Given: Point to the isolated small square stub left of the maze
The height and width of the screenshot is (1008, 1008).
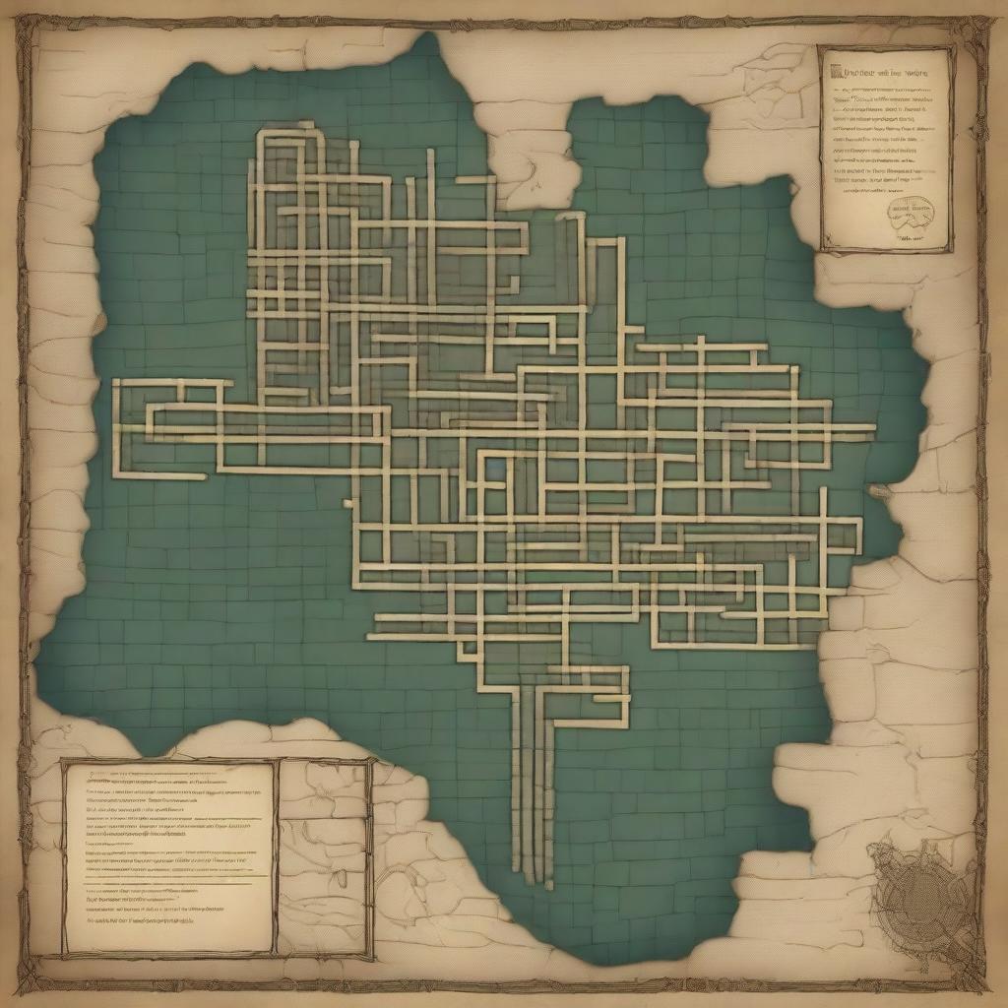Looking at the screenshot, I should [x=346, y=503].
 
